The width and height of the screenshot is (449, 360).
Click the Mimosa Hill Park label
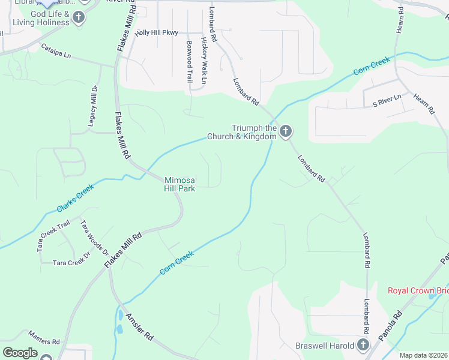click(x=180, y=184)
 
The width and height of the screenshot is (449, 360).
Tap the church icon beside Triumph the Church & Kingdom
click(x=286, y=130)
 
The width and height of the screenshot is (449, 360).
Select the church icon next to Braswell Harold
click(x=363, y=345)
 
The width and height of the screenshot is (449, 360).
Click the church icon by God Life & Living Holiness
click(x=78, y=17)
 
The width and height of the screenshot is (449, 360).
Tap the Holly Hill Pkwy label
click(x=157, y=32)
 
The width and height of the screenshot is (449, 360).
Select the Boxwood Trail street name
click(x=189, y=62)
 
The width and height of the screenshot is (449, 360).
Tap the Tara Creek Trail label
click(x=54, y=235)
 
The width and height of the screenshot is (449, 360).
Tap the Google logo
click(x=20, y=352)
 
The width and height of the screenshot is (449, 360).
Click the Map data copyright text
click(x=423, y=355)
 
